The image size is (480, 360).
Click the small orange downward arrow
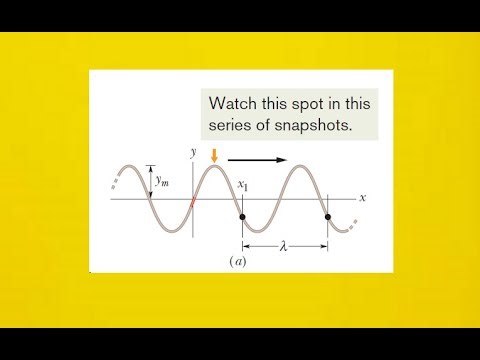213,154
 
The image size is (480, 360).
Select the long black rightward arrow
256,158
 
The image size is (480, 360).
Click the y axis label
191,152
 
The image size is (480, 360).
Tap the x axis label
362,197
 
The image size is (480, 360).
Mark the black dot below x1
242,217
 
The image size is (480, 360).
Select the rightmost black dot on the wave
328,217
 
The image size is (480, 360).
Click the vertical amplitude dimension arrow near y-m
150,182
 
